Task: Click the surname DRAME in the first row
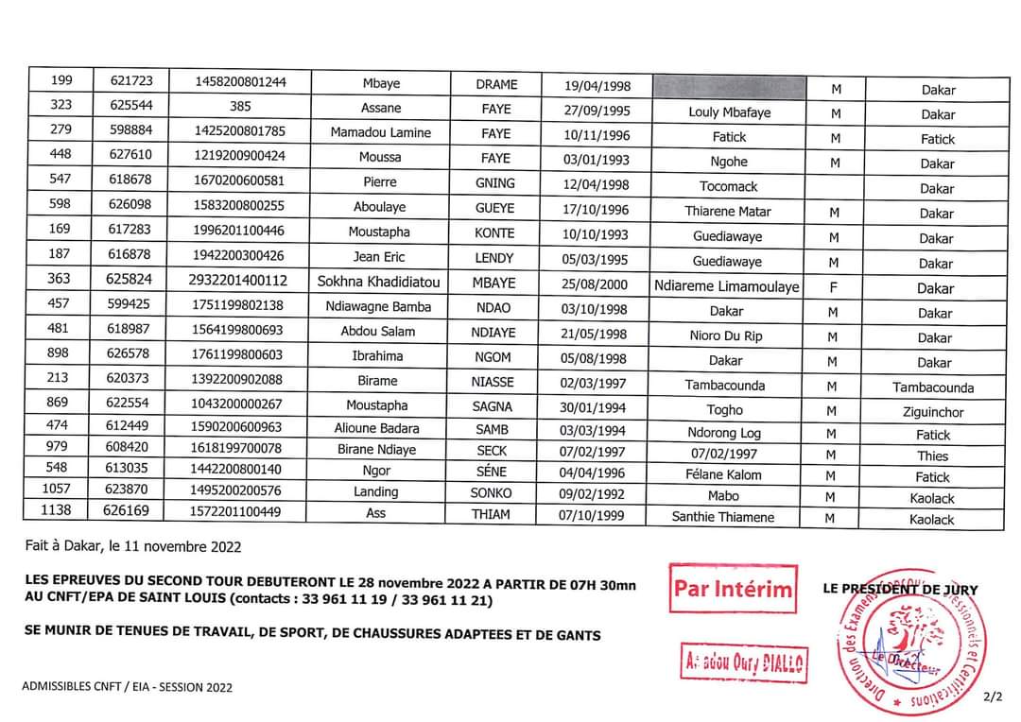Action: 495,84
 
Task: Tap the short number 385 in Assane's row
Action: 240,108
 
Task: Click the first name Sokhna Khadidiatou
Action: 379,282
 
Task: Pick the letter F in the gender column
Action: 833,287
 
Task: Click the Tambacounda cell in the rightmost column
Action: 932,387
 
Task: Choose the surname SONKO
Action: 491,492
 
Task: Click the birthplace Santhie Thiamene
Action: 722,517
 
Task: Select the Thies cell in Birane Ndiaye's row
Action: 932,456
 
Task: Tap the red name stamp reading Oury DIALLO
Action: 745,663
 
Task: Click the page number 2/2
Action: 992,697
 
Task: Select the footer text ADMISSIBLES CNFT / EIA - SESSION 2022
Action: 128,687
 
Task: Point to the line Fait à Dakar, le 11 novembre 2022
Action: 133,546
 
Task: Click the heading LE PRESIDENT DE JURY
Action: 900,589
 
